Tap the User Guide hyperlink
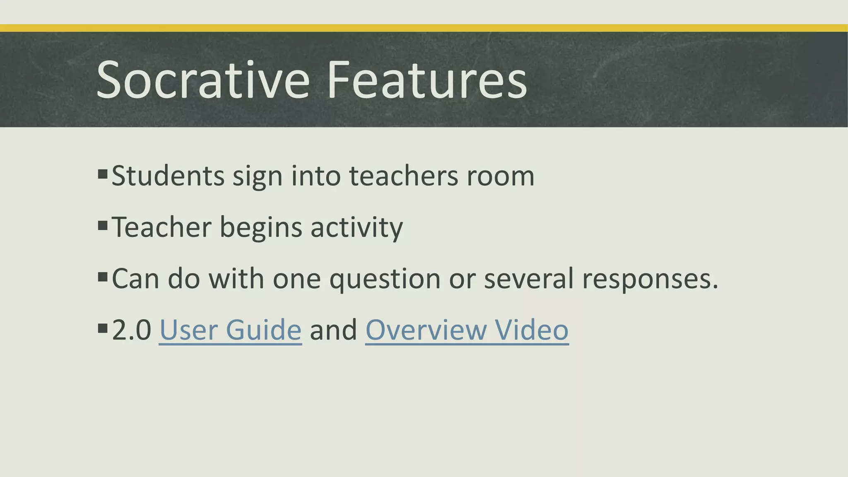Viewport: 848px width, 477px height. [x=230, y=330]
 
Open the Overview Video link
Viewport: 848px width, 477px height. [x=467, y=330]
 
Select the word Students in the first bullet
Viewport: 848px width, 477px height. [x=168, y=176]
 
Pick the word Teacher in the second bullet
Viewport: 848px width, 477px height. [x=161, y=227]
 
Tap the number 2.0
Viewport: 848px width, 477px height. [x=132, y=330]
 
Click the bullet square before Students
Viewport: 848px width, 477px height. [x=103, y=173]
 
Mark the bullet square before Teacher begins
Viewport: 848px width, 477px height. [x=103, y=225]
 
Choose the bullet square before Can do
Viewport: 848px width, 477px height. [x=103, y=277]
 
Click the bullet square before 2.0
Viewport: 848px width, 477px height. [x=103, y=328]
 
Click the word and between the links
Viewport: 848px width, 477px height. [x=333, y=330]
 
